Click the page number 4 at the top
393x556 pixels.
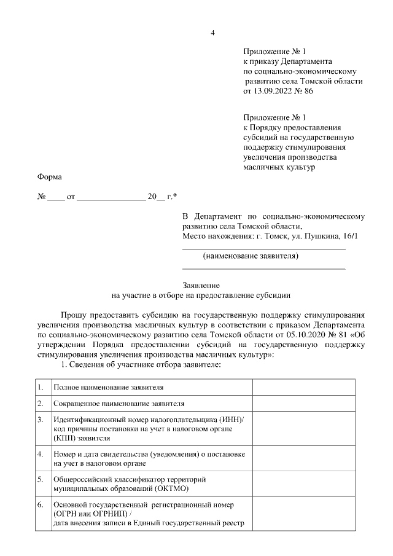[x=212, y=33]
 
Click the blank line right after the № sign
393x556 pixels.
[x=55, y=197]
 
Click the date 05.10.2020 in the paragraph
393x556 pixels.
[x=305, y=334]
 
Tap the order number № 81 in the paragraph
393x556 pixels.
[x=337, y=334]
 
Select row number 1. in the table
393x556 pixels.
[x=40, y=388]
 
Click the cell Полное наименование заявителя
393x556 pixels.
[x=109, y=388]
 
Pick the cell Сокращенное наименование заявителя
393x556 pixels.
[x=119, y=404]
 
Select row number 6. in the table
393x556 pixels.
[x=40, y=504]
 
